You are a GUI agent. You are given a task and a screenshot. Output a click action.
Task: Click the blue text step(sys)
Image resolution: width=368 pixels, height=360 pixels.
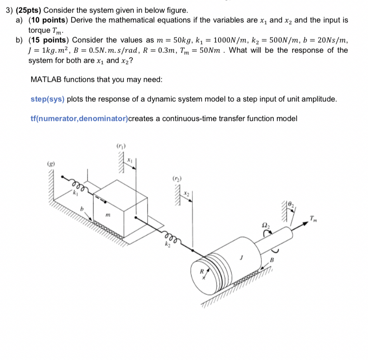tap(48, 99)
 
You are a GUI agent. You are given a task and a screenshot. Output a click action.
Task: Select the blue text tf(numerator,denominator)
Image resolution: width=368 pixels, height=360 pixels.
tap(79, 119)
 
